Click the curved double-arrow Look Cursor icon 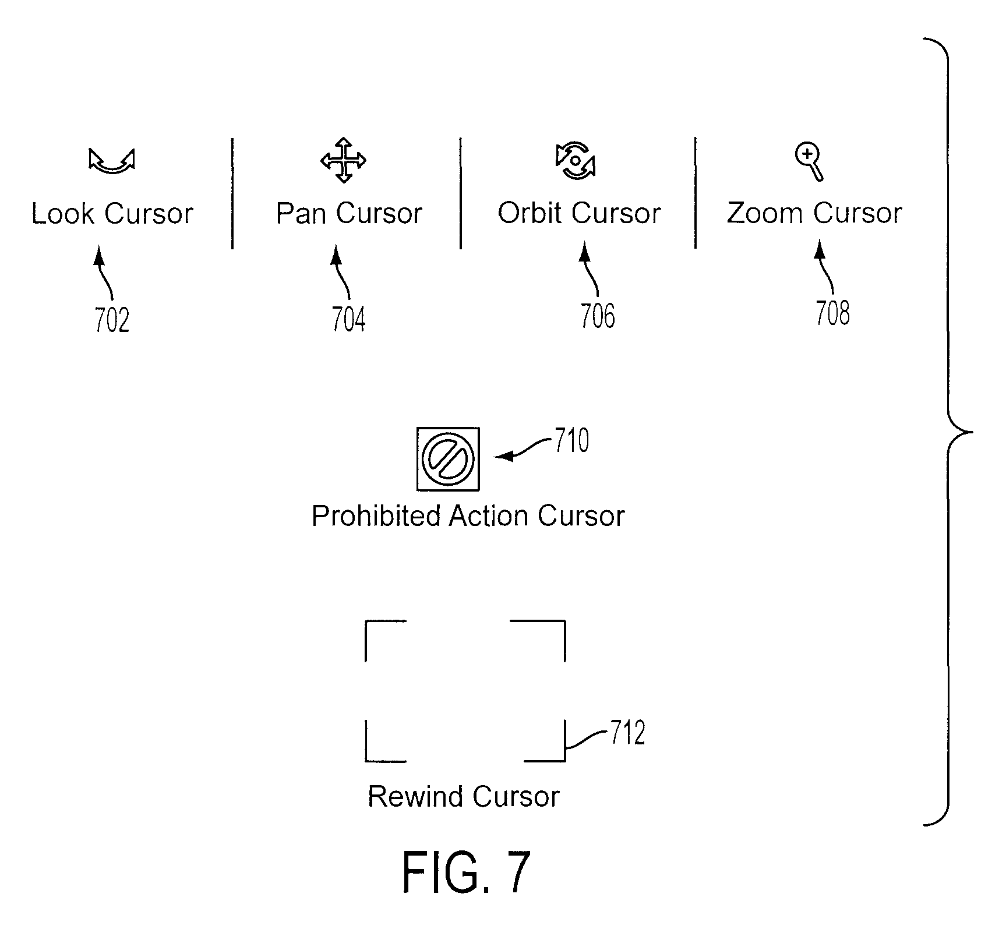pos(112,166)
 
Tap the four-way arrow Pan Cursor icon pos(344,160)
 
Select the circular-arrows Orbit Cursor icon pos(576,160)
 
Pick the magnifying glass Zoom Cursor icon pos(810,163)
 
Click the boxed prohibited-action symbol pos(449,459)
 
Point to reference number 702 pos(112,320)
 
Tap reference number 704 pos(348,319)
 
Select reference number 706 pos(598,316)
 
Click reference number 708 pos(832,313)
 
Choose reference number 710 pos(571,440)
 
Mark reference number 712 pos(628,733)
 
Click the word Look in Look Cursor pos(63,213)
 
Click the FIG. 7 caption pos(466,871)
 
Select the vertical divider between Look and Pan pos(232,193)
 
